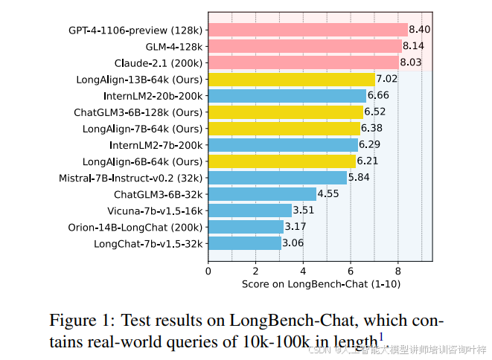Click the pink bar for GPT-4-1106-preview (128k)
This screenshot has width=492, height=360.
[307, 30]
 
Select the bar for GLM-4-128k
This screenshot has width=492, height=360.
[304, 46]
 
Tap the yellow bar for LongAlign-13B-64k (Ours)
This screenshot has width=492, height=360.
[291, 79]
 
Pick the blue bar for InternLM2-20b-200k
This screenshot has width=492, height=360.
[287, 95]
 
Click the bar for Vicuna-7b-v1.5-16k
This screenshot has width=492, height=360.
[249, 210]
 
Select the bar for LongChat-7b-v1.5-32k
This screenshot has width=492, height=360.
[244, 242]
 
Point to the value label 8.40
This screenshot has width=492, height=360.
[420, 30]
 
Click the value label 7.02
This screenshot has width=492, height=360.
[387, 79]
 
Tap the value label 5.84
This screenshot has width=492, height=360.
[359, 177]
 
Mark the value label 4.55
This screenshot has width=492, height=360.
[328, 193]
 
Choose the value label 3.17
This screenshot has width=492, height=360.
[295, 226]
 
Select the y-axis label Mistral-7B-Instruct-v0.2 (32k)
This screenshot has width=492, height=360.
[131, 178]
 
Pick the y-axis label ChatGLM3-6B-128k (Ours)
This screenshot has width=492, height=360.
[138, 112]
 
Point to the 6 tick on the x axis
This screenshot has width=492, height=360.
[350, 271]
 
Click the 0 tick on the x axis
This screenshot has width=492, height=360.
[208, 271]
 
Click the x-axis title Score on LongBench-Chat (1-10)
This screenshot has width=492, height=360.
[320, 284]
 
